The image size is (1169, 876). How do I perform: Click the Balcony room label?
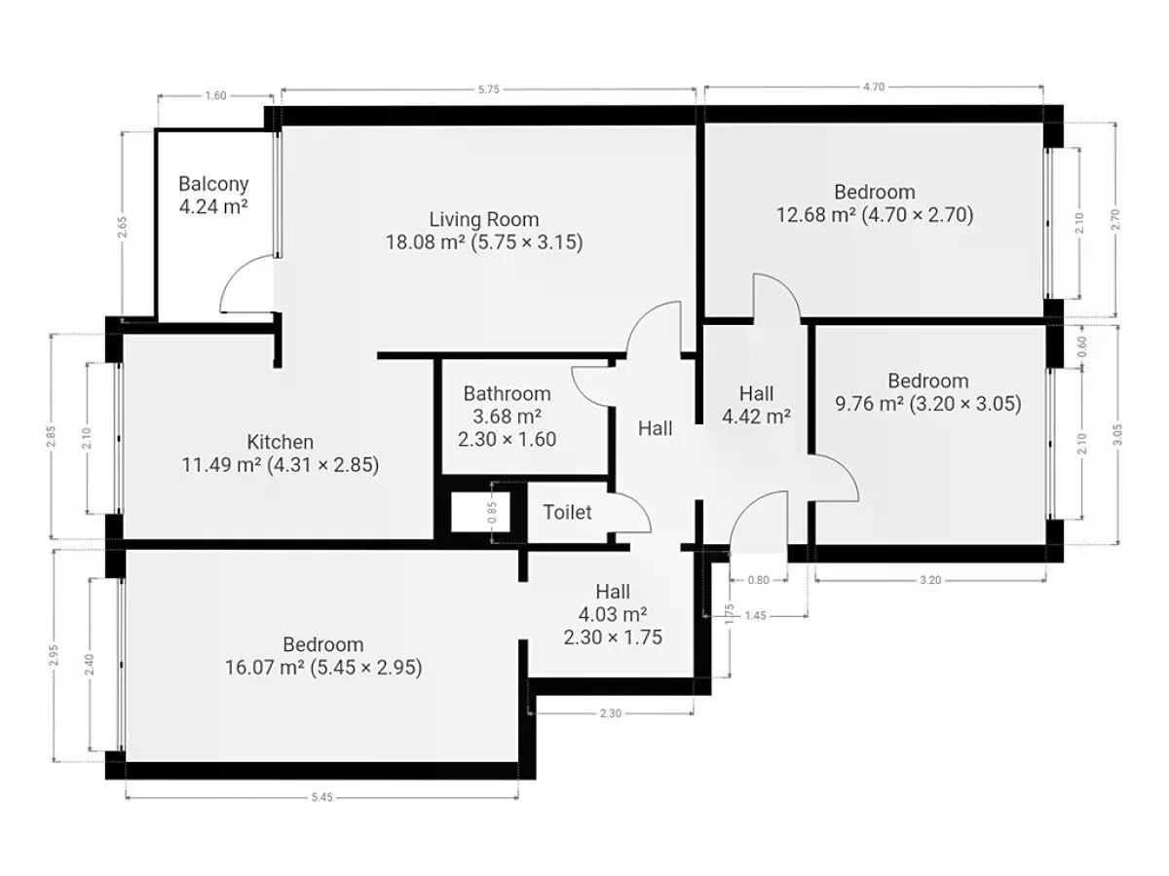(x=213, y=184)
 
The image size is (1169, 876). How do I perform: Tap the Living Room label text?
(x=483, y=219)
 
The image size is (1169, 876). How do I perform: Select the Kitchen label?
(x=281, y=442)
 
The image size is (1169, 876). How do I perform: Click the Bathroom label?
(x=507, y=393)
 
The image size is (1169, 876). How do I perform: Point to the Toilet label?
(x=567, y=512)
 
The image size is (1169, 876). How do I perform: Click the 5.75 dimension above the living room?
(x=488, y=90)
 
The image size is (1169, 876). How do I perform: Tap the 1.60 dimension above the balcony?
(x=215, y=95)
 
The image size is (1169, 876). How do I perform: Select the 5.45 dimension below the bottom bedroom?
(x=321, y=797)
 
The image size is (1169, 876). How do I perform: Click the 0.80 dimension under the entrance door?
(x=758, y=580)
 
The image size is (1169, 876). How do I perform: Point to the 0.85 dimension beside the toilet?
(x=492, y=512)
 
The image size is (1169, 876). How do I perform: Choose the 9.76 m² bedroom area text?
(x=869, y=404)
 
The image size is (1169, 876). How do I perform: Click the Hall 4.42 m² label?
(x=756, y=405)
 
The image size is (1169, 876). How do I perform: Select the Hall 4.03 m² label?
(x=613, y=602)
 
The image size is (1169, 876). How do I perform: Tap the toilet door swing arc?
(x=639, y=504)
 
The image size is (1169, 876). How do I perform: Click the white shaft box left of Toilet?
(x=480, y=512)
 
